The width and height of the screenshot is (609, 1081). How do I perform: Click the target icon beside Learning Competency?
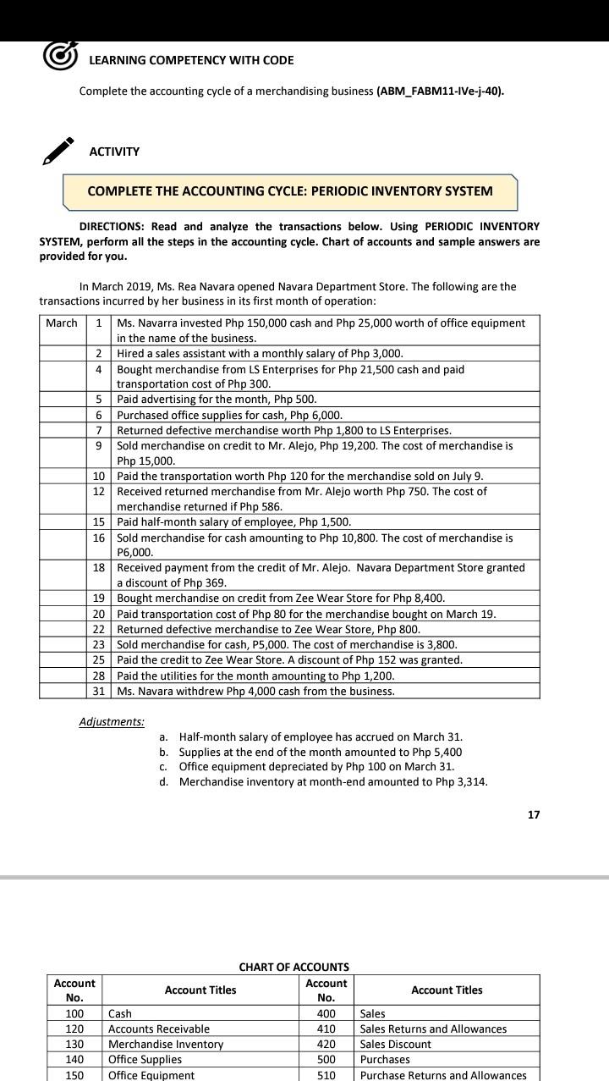pyautogui.click(x=60, y=56)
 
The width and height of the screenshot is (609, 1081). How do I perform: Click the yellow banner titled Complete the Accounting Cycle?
pyautogui.click(x=290, y=191)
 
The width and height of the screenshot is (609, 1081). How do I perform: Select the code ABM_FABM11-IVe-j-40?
pyautogui.click(x=440, y=91)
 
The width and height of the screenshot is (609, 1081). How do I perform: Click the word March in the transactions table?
pyautogui.click(x=62, y=323)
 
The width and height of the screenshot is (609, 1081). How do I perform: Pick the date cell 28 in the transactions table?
pyautogui.click(x=99, y=676)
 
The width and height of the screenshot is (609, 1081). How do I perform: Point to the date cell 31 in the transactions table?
pyautogui.click(x=99, y=691)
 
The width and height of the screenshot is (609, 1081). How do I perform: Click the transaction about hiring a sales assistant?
pyautogui.click(x=260, y=353)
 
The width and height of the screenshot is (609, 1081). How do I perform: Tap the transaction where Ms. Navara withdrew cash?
pyautogui.click(x=255, y=691)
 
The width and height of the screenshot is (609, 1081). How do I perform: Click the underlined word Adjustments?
pyautogui.click(x=112, y=722)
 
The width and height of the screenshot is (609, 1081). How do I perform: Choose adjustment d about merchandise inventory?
pyautogui.click(x=332, y=781)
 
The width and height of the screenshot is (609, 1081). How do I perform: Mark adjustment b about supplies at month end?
pyautogui.click(x=320, y=752)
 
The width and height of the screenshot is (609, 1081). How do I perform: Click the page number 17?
pyautogui.click(x=533, y=814)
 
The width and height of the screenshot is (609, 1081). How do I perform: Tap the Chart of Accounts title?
pyautogui.click(x=294, y=967)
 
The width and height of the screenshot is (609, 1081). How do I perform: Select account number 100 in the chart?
pyautogui.click(x=74, y=1013)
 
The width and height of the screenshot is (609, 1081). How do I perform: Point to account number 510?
pyautogui.click(x=326, y=1075)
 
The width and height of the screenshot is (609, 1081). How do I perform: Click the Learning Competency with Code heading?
pyautogui.click(x=191, y=60)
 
